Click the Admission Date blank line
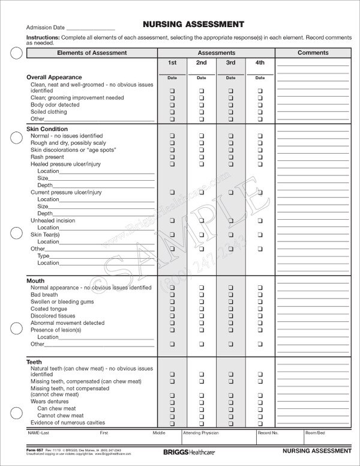coord(90,29)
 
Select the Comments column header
coord(313,53)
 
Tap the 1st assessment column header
coord(172,62)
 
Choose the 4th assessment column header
coord(260,62)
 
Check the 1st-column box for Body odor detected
coord(172,104)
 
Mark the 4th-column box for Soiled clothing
coord(260,112)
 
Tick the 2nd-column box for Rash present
coord(201,157)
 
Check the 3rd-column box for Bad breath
coord(230,295)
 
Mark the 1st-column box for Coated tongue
coord(172,309)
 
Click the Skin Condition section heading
coord(47,129)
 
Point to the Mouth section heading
coord(36,280)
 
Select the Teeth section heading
coord(34,362)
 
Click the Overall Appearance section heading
coord(54,77)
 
